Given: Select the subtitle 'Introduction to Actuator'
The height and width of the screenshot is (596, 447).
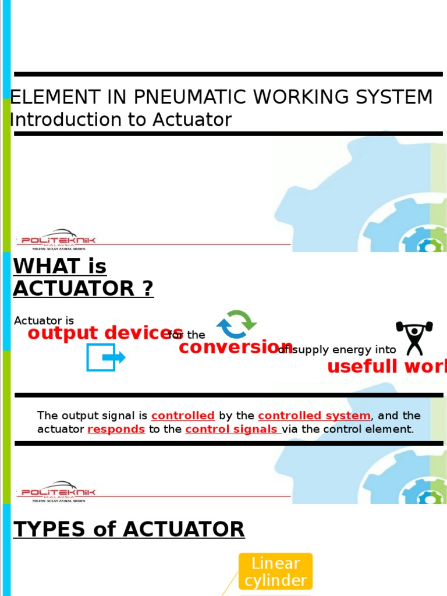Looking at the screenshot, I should coord(121,120).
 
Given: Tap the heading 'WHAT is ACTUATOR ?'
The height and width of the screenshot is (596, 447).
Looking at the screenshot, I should coord(83,277).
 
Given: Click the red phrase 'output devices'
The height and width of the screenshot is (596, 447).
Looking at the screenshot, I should coord(105,333).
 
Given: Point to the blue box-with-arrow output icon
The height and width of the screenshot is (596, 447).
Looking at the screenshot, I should coord(105,357).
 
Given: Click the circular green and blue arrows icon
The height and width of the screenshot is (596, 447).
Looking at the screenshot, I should coord(236,324).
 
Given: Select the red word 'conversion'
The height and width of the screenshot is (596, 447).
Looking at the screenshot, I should coord(236,347).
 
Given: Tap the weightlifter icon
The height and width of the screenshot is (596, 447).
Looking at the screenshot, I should coord(414,337).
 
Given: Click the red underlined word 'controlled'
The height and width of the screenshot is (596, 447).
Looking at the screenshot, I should coord(183,416).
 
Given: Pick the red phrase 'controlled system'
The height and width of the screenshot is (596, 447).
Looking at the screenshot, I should coord(314,416).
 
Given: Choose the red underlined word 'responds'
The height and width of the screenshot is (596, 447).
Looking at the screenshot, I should coord(116,430).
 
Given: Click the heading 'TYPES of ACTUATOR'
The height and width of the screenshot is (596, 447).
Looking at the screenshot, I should coord(129,529).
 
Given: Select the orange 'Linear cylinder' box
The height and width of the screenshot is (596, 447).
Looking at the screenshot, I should coord(275,572).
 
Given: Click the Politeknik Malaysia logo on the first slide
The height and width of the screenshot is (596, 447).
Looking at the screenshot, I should coord(57,239).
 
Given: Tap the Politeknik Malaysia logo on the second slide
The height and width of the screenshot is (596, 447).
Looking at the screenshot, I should coord(57,491).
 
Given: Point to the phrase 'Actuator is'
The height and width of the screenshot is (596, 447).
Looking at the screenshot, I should coord(44,321).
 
